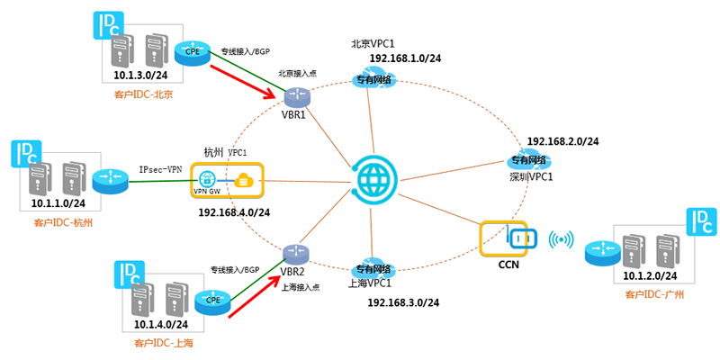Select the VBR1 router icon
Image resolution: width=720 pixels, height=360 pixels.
[296, 96]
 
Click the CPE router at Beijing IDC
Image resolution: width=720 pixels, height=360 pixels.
[193, 52]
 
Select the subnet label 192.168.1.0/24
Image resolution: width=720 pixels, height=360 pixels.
[405, 58]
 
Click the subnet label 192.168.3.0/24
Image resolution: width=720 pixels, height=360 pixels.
[403, 302]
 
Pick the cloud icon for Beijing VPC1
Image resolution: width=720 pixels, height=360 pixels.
[373, 82]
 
